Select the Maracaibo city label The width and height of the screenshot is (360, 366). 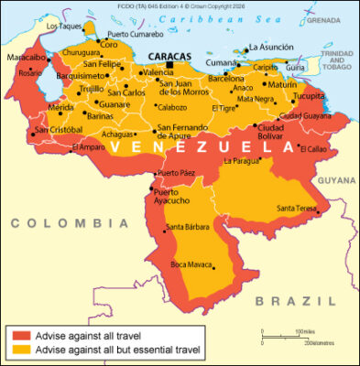24,58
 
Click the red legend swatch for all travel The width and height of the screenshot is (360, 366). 19,336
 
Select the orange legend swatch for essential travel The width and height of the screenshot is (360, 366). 19,350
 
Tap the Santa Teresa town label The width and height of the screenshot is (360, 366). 295,208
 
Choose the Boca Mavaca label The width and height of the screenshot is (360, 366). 191,264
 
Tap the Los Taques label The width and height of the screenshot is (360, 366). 64,27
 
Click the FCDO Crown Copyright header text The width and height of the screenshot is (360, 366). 180,5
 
